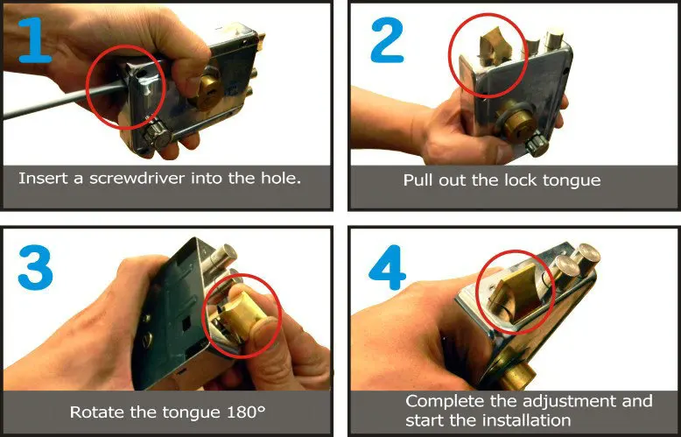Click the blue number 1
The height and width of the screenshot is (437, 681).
point(36,41)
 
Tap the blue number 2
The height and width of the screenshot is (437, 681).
point(387,41)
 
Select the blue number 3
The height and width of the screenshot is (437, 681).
point(35,267)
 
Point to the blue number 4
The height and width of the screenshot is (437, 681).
point(387,267)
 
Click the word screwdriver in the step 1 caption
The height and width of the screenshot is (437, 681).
point(137,178)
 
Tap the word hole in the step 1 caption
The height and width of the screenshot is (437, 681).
point(281,178)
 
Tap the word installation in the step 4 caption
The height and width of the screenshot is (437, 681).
point(526,420)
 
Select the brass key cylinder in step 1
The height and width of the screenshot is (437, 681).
point(207,93)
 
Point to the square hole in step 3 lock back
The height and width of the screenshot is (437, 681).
point(186,322)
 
